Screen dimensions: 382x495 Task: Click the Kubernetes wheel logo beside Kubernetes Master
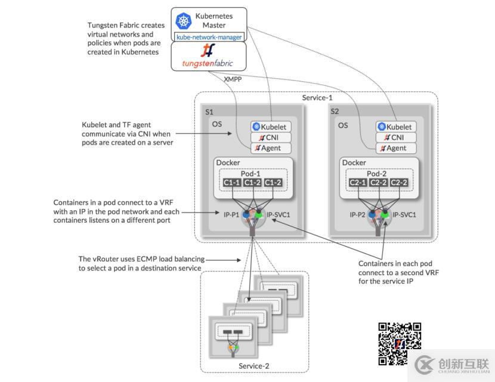[x=182, y=21]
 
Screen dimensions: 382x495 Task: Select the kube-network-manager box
[x=209, y=37]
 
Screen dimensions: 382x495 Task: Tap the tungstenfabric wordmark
[x=208, y=63]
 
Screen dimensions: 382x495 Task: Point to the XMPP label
[x=233, y=79]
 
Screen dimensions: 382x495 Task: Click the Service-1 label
[x=317, y=97]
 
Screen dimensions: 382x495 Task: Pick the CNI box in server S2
[x=394, y=137]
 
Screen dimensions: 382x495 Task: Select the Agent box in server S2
[x=394, y=148]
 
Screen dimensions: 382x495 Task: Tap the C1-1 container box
[x=231, y=182]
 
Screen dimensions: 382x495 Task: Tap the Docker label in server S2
[x=354, y=162]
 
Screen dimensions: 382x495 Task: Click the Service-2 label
[x=254, y=366]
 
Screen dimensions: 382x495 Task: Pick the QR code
[x=400, y=343]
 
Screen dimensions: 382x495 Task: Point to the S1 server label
[x=209, y=112]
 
